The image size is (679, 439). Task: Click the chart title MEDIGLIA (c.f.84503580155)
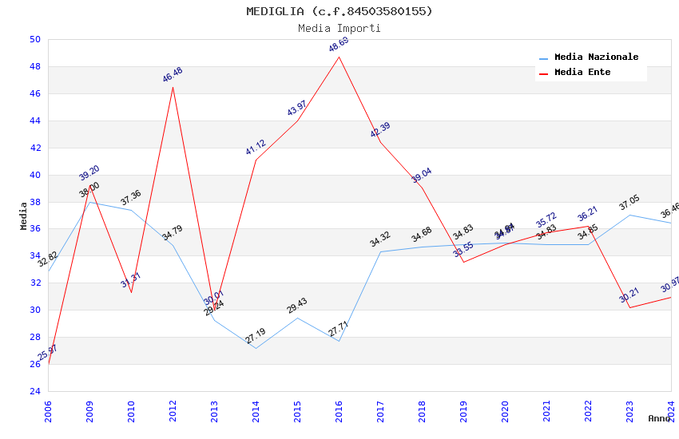coord(339,11)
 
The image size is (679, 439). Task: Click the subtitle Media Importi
coord(339,28)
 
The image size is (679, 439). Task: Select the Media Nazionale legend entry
coord(596,57)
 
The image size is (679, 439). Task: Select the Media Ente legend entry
coord(582,73)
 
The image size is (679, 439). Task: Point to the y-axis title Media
coord(24,216)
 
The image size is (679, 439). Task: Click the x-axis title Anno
coord(660,418)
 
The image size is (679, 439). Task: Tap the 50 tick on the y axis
coord(34,40)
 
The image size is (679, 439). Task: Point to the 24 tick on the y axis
coord(34,391)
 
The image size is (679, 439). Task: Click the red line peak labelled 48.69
coord(339,57)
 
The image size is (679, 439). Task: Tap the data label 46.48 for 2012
coord(173,75)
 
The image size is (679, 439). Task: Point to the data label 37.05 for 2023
coord(629,204)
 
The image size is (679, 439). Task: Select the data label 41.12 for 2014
coord(256,148)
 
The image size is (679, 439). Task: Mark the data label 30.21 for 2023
coord(629,296)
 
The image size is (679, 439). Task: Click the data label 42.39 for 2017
coord(380,130)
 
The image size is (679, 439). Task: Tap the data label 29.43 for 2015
coord(297,307)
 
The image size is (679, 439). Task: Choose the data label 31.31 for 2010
coord(131,280)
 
